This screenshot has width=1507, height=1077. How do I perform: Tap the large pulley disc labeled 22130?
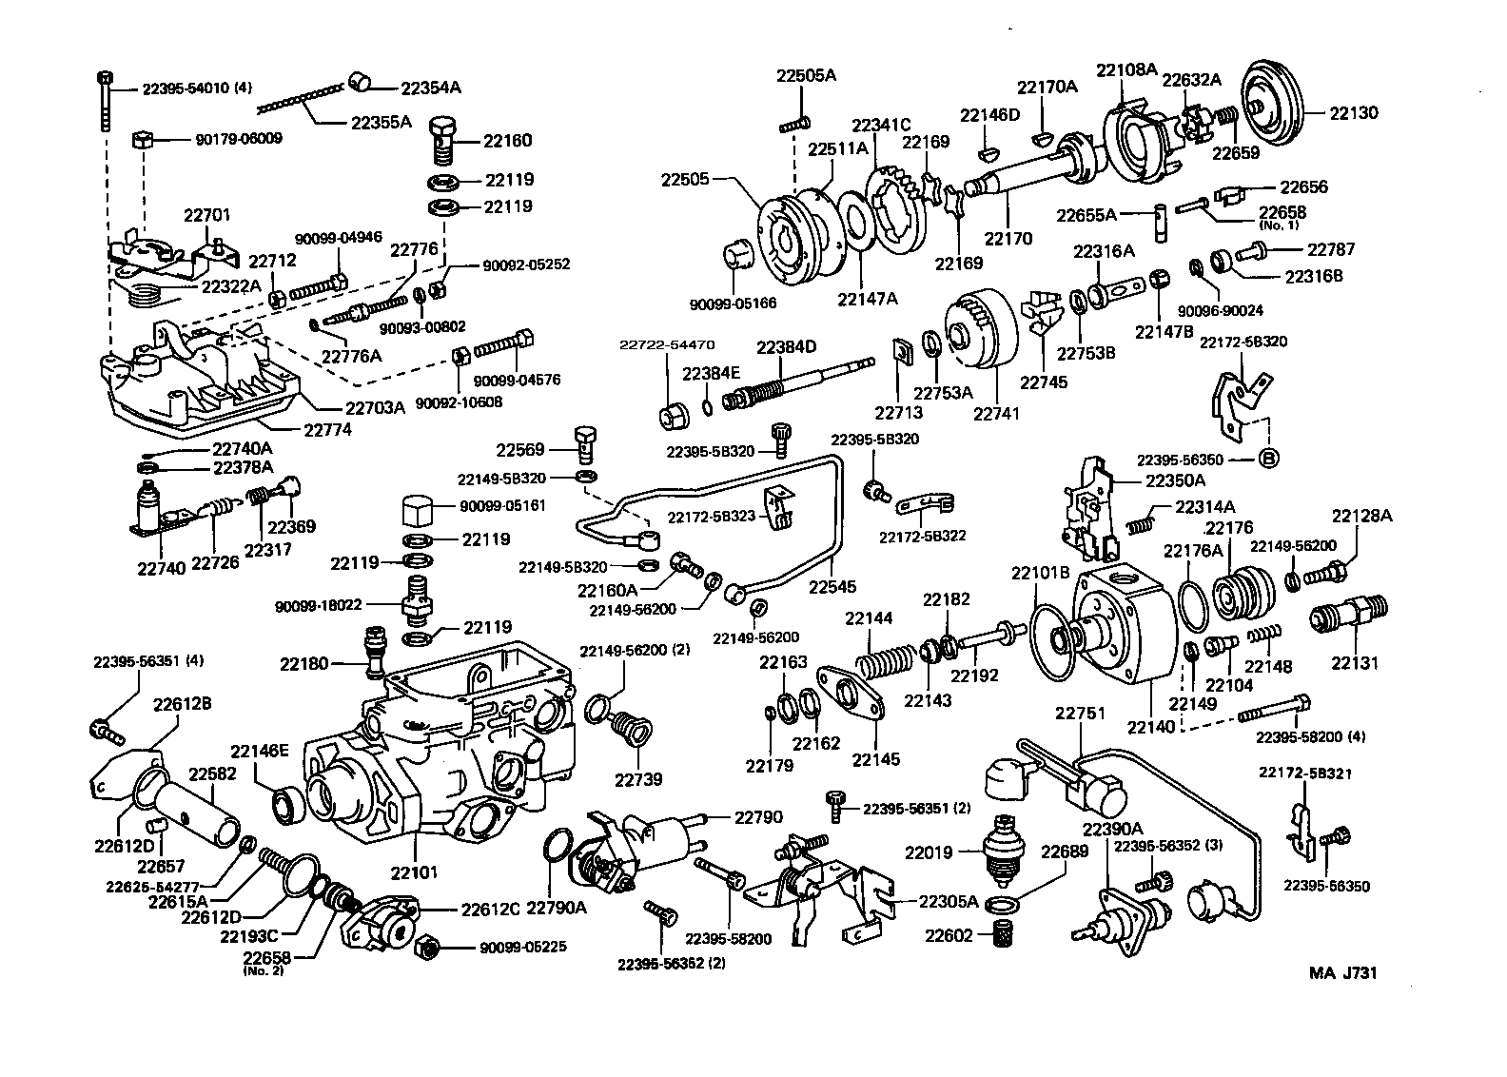tap(1275, 99)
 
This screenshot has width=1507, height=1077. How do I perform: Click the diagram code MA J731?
tap(1342, 973)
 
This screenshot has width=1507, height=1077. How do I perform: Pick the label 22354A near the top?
tap(430, 88)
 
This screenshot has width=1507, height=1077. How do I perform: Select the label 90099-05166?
tap(734, 304)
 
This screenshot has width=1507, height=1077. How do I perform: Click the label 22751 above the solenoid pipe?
tap(1080, 713)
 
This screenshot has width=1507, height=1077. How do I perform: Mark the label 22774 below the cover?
tap(327, 429)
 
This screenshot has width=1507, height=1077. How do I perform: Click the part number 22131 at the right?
tap(1354, 663)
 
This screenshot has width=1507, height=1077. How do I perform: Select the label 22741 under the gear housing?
tap(995, 413)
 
